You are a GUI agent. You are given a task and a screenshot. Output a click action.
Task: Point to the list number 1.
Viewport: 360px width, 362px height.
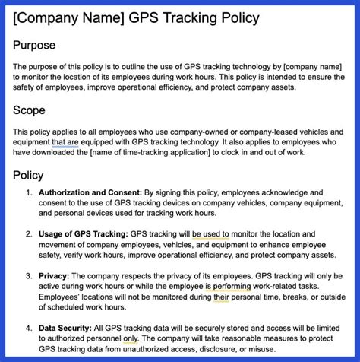(x=29, y=193)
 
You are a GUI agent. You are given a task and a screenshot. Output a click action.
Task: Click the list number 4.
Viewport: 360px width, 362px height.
(x=29, y=328)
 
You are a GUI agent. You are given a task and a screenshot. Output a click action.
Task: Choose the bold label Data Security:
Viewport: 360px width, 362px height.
(x=67, y=328)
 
